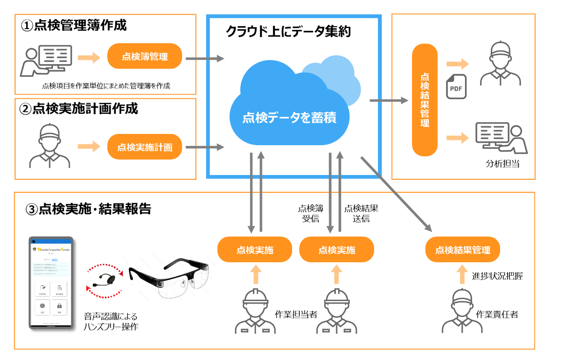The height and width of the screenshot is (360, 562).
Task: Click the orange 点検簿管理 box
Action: (145, 57)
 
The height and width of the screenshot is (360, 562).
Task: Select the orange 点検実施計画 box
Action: (145, 147)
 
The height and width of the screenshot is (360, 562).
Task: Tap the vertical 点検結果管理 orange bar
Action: (425, 100)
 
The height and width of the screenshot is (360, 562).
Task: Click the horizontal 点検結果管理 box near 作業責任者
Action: (463, 250)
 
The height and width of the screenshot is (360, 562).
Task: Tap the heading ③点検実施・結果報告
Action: (89, 209)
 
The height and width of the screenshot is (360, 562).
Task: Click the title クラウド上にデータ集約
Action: (288, 32)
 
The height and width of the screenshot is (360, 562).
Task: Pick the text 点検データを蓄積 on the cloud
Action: (289, 118)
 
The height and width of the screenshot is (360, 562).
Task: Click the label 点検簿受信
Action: (311, 213)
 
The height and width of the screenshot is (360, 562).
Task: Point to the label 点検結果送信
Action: (361, 213)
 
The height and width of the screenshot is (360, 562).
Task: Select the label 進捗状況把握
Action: (497, 276)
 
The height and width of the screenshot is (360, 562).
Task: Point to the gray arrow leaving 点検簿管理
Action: (205, 59)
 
